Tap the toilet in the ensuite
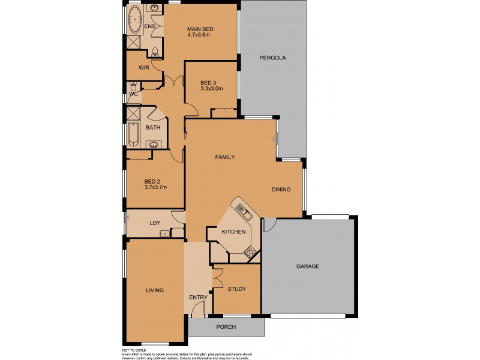click(155, 52)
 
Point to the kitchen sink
click(242, 210)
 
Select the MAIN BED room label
click(200, 29)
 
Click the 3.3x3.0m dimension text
click(211, 89)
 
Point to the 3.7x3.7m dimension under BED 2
click(155, 187)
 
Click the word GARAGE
click(308, 266)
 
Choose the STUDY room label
click(236, 289)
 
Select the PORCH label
click(226, 327)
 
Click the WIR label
click(143, 68)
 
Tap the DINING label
click(281, 190)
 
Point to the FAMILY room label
click(224, 157)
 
